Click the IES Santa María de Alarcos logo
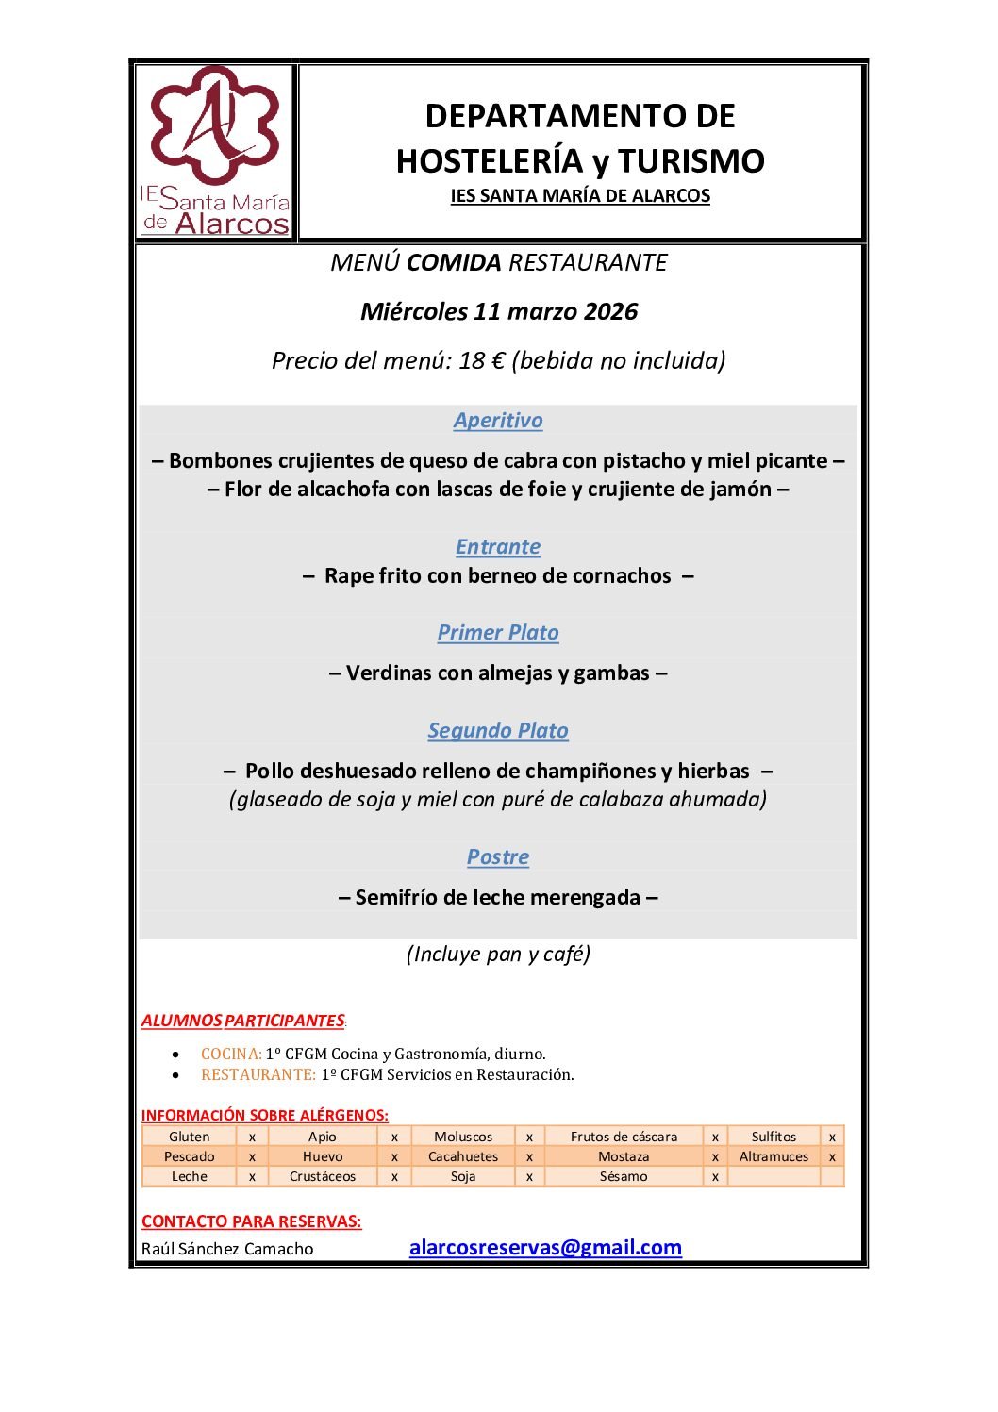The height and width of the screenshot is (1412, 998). click(x=216, y=151)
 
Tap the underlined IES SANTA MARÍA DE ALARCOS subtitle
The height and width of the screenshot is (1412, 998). click(x=580, y=196)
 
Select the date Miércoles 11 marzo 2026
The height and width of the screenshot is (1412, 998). click(x=499, y=311)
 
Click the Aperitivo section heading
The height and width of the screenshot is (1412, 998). click(x=498, y=421)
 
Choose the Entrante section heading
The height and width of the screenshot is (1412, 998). click(x=498, y=547)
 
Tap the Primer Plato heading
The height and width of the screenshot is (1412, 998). click(x=498, y=633)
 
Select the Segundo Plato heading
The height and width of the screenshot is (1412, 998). click(x=498, y=731)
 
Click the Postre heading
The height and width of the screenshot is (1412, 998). click(x=498, y=857)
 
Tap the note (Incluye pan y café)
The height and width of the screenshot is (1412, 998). click(x=498, y=955)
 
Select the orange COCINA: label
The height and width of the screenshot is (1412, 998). click(x=231, y=1055)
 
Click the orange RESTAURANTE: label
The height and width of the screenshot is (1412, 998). click(x=258, y=1075)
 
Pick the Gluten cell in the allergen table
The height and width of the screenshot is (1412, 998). click(x=189, y=1138)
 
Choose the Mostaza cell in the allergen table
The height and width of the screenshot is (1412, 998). click(x=624, y=1157)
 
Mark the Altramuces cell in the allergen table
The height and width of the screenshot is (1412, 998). click(x=773, y=1157)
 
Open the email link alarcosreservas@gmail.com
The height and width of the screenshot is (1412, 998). click(x=545, y=1248)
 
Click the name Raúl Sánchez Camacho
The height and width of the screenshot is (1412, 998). click(x=227, y=1250)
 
